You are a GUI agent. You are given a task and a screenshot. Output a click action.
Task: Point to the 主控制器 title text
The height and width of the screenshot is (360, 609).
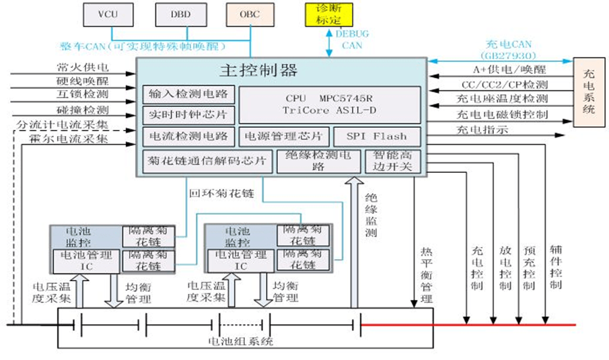click(x=258, y=70)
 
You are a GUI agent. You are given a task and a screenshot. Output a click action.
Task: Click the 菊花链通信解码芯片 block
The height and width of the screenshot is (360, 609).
click(x=208, y=162)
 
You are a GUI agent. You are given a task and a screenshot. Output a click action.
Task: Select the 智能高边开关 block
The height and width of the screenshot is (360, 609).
click(x=392, y=161)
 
